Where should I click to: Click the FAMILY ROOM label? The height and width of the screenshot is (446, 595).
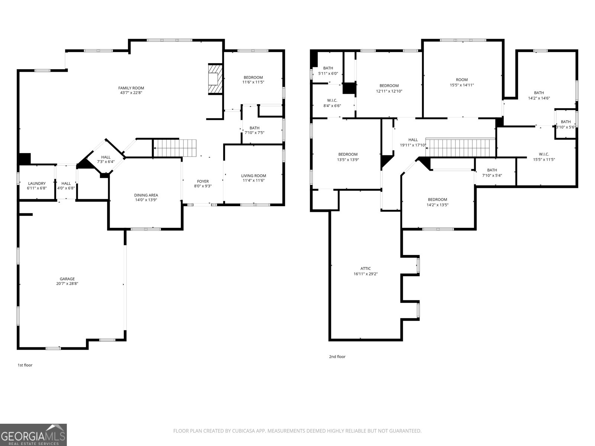pyautogui.click(x=131, y=88)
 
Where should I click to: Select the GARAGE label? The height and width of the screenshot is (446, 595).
pyautogui.click(x=67, y=279)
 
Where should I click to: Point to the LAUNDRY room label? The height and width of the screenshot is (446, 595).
pyautogui.click(x=37, y=184)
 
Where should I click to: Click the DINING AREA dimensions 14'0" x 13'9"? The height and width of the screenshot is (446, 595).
pyautogui.click(x=146, y=200)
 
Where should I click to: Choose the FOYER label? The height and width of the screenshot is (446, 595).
pyautogui.click(x=203, y=181)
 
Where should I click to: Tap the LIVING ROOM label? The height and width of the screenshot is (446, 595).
pyautogui.click(x=254, y=176)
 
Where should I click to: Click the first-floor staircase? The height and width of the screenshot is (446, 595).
pyautogui.click(x=175, y=148)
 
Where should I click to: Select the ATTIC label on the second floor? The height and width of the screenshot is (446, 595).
pyautogui.click(x=366, y=269)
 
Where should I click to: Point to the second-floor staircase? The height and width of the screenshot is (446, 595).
pyautogui.click(x=460, y=147)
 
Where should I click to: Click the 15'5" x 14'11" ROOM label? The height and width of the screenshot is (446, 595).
pyautogui.click(x=462, y=80)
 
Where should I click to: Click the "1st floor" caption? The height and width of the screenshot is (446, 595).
pyautogui.click(x=25, y=365)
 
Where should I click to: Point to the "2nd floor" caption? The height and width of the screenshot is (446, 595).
pyautogui.click(x=337, y=357)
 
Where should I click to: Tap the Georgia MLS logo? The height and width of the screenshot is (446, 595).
pyautogui.click(x=33, y=434)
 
